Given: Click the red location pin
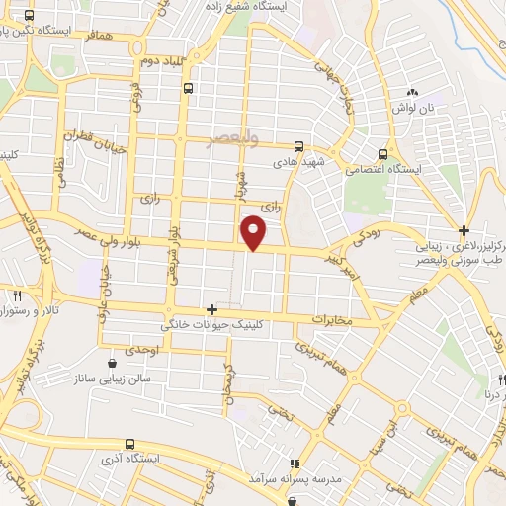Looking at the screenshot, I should click(254, 231).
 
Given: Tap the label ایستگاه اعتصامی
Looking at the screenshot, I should click(385, 170).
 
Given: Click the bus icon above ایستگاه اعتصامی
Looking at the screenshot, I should click(382, 154).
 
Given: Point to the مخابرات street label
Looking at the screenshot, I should click(331, 320).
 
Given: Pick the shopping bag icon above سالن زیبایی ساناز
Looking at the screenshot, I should click(112, 363).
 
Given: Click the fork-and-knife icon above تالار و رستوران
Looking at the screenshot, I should click(17, 295).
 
